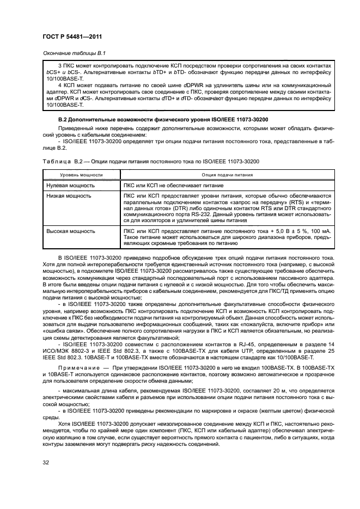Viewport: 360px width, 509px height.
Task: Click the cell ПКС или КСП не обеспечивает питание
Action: [174, 186]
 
